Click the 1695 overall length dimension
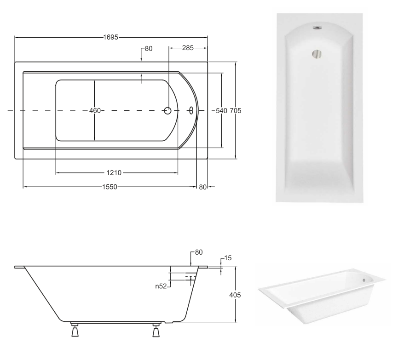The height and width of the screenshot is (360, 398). pyautogui.click(x=111, y=37)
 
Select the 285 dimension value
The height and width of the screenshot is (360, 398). pyautogui.click(x=188, y=48)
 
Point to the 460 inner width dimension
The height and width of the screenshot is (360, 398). pyautogui.click(x=95, y=111)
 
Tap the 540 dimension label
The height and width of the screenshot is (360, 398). pyautogui.click(x=221, y=111)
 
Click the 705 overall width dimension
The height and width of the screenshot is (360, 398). pyautogui.click(x=236, y=111)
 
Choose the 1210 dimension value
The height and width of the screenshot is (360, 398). pyautogui.click(x=114, y=173)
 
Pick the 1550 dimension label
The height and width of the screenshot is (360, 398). pyautogui.click(x=110, y=187)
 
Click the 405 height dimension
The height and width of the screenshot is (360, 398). pyautogui.click(x=235, y=295)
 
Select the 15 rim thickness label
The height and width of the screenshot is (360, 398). pyautogui.click(x=228, y=258)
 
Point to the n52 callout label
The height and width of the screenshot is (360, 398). pyautogui.click(x=161, y=286)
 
